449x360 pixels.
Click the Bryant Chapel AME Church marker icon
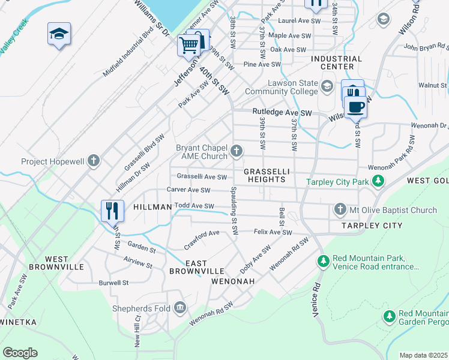point(237,150)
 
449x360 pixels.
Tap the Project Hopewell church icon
point(93,161)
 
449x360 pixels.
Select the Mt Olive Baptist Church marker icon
point(340,209)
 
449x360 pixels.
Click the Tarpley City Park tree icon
point(378,181)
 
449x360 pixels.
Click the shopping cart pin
point(188,45)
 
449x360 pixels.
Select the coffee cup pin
point(356,106)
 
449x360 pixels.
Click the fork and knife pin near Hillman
point(112,211)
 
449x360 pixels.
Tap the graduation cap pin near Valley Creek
point(59,34)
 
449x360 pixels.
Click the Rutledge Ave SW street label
point(282,112)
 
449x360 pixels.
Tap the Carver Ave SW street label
point(188,190)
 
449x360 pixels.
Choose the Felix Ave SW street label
point(273,232)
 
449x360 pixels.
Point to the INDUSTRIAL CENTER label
point(337,63)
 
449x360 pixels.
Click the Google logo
point(20,353)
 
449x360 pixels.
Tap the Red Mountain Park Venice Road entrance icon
point(324,262)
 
